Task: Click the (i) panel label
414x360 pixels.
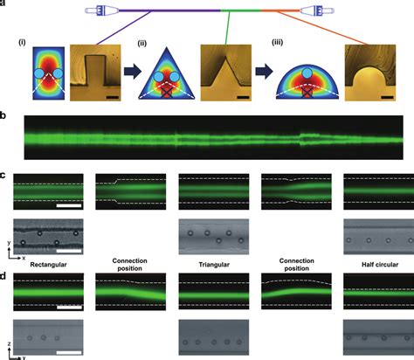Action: pyautogui.click(x=22, y=43)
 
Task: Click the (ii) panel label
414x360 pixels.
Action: pyautogui.click(x=141, y=44)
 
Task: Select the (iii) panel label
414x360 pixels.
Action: pyautogui.click(x=277, y=43)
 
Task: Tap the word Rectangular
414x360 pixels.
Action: pyautogui.click(x=48, y=265)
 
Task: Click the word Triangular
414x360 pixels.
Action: pyautogui.click(x=214, y=265)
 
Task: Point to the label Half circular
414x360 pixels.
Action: pyautogui.click(x=380, y=265)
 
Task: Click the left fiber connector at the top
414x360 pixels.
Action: pyautogui.click(x=102, y=10)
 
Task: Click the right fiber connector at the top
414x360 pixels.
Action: pyautogui.click(x=317, y=11)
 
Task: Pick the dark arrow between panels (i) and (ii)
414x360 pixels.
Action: pyautogui.click(x=133, y=72)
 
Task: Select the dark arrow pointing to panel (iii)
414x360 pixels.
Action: pyautogui.click(x=264, y=72)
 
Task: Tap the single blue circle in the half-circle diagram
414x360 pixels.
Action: pyautogui.click(x=307, y=73)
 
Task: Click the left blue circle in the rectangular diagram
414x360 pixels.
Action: pyautogui.click(x=39, y=73)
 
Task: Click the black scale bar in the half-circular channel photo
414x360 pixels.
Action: pyautogui.click(x=387, y=97)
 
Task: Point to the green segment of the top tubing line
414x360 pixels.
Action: pyautogui.click(x=241, y=10)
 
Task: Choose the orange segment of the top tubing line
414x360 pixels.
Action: pyautogui.click(x=281, y=10)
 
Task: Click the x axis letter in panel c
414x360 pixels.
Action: pyautogui.click(x=24, y=258)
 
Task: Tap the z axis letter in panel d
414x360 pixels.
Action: pyautogui.click(x=10, y=344)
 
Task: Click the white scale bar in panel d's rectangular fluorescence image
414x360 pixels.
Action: pyautogui.click(x=69, y=308)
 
